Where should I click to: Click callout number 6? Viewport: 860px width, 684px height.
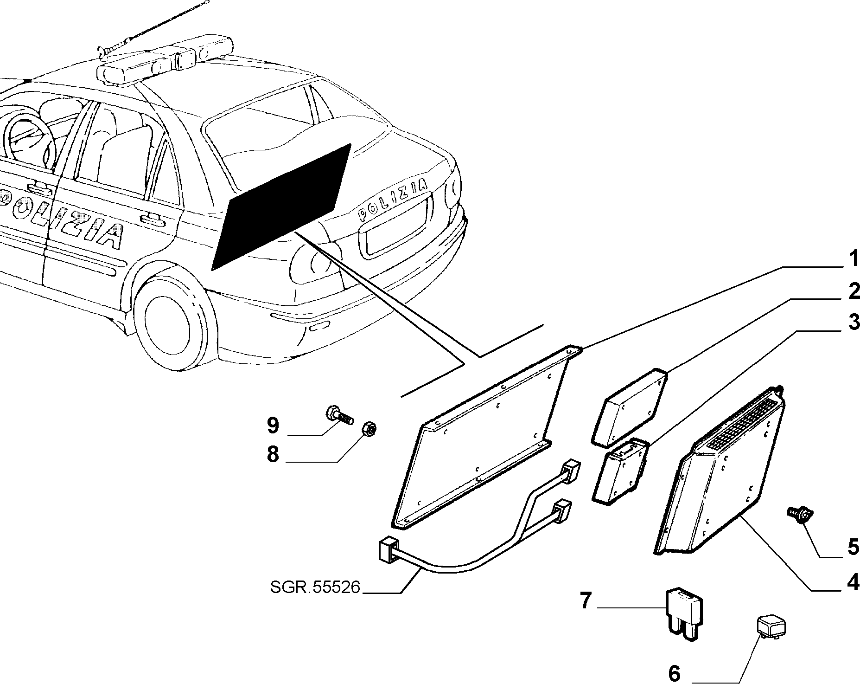point(675,672)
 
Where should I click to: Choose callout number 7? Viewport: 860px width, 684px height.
point(586,601)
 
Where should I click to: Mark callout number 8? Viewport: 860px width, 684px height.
point(273,454)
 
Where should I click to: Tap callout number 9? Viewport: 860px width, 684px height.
point(273,425)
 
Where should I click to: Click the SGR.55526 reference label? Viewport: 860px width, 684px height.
point(315,587)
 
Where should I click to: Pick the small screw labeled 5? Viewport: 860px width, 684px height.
point(798,514)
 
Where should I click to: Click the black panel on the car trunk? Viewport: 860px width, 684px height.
point(281,207)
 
